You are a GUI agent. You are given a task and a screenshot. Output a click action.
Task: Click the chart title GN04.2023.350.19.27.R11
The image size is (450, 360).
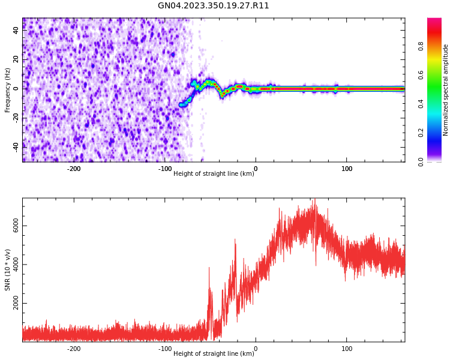point(214,6)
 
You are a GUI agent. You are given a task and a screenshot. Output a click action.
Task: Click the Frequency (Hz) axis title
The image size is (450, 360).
point(8,89)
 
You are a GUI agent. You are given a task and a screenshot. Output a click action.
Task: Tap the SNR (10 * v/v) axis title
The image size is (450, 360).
point(8,270)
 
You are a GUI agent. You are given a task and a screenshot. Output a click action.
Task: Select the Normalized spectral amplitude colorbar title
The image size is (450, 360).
point(446,89)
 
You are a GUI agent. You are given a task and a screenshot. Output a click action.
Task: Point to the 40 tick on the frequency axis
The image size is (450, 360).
point(16,31)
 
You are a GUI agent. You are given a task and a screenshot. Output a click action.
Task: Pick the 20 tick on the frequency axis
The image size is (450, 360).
point(16,59)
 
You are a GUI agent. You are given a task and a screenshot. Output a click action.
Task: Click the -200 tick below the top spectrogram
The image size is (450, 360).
point(73,169)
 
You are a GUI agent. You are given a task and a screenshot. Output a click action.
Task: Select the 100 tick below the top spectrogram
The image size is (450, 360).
point(347,169)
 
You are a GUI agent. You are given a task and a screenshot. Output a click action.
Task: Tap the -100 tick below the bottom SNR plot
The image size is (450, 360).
point(164,349)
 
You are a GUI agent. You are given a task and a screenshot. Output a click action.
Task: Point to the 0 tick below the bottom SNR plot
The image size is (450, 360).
point(256,349)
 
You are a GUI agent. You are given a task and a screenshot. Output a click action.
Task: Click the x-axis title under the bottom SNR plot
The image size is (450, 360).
point(214,354)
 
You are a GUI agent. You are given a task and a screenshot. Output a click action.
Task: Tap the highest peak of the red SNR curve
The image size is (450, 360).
point(314,200)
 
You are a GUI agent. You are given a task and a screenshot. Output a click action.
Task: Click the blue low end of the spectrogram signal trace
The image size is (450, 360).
point(182,104)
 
